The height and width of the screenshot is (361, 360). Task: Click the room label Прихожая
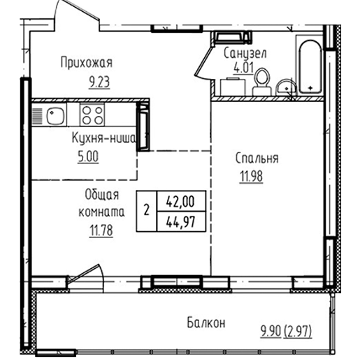click(x=87, y=63)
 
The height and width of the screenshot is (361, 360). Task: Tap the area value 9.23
click(x=99, y=82)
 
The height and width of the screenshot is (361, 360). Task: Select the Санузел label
click(x=245, y=54)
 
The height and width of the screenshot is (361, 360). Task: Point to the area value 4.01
click(x=243, y=68)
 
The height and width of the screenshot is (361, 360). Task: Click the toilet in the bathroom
click(x=262, y=82)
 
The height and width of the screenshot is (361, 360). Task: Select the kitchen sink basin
click(x=55, y=115)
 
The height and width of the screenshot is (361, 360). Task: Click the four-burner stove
click(x=92, y=115)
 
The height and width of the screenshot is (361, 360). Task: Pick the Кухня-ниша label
click(x=103, y=138)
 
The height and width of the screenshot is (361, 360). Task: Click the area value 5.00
click(x=88, y=156)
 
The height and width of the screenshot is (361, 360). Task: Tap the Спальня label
click(x=257, y=159)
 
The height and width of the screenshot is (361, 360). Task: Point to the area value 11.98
click(x=251, y=177)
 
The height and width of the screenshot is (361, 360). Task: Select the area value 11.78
click(x=101, y=230)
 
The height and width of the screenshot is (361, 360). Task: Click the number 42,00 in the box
click(x=180, y=202)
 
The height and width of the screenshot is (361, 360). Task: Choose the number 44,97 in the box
click(x=180, y=222)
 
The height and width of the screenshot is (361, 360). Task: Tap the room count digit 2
click(x=146, y=210)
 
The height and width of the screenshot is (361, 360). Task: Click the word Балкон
click(x=206, y=323)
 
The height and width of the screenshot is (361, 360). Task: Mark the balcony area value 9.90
click(x=271, y=332)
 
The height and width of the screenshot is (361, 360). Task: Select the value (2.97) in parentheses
click(x=298, y=332)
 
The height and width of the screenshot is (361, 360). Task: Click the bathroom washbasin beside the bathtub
click(x=287, y=87)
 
